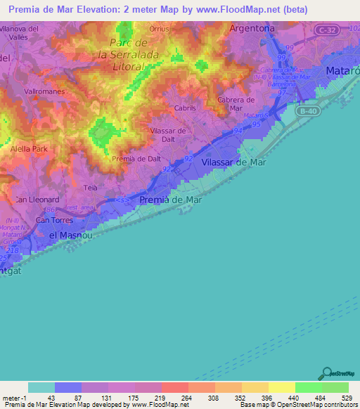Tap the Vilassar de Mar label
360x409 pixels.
point(231,162)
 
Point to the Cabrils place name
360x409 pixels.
point(185,109)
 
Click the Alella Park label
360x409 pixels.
point(29,149)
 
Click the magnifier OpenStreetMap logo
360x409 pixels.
point(326,373)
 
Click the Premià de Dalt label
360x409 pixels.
point(136,158)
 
